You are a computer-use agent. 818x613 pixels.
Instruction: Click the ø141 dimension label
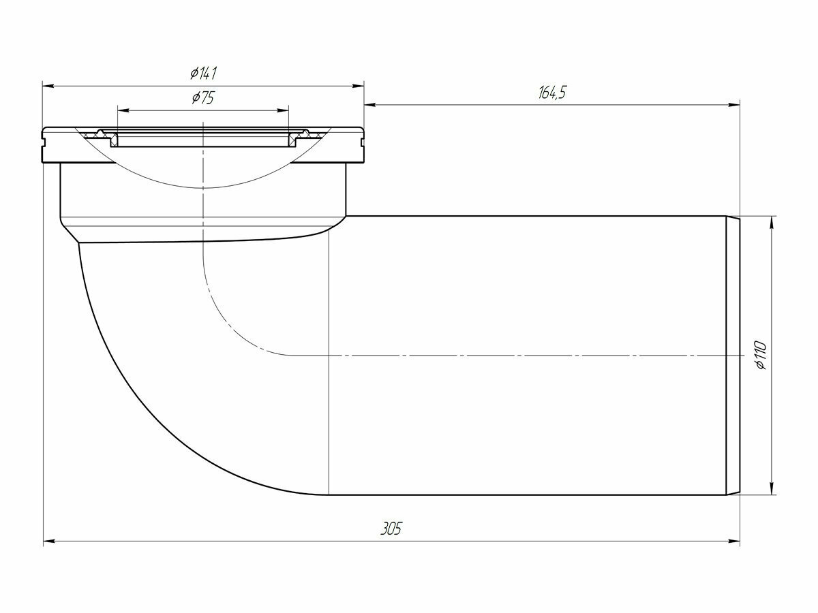coord(203,73)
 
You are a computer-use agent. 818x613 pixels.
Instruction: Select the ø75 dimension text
coord(203,97)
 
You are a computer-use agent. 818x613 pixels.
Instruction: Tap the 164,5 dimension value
coord(552,93)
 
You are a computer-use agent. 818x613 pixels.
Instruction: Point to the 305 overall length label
coord(391,530)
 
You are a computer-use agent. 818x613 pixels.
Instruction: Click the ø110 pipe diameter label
coord(762,355)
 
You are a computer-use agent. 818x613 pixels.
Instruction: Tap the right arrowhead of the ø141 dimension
coord(359,86)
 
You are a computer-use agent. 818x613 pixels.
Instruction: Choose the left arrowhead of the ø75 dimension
coord(123,110)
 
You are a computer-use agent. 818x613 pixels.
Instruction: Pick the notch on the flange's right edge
coord(361,143)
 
